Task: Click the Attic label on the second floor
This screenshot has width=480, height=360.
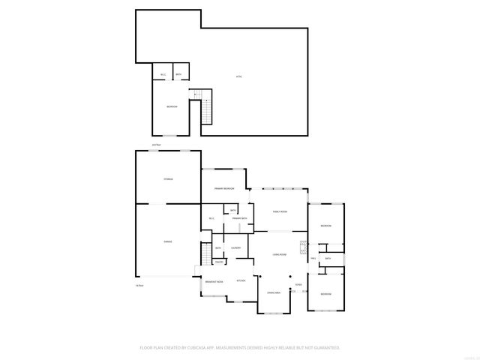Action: (x=239, y=76)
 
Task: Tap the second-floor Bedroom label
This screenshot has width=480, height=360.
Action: (x=172, y=107)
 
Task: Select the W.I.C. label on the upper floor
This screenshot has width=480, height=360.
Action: (x=163, y=74)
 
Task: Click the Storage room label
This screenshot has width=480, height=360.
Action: (x=169, y=179)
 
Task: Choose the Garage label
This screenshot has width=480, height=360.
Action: (x=168, y=241)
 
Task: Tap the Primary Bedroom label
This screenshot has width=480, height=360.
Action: (x=224, y=188)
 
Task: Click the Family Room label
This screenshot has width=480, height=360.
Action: (x=280, y=212)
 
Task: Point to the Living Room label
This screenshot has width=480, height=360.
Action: (x=280, y=255)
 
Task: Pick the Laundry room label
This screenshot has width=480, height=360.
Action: (x=235, y=247)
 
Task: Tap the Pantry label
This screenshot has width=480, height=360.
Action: (x=219, y=262)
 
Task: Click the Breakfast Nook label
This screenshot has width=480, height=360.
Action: (x=214, y=281)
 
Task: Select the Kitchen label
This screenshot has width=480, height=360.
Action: (x=241, y=280)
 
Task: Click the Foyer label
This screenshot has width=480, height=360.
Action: (x=298, y=286)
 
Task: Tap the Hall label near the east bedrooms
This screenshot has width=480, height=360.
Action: (x=313, y=259)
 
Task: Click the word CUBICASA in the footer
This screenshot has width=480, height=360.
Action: (x=214, y=348)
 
